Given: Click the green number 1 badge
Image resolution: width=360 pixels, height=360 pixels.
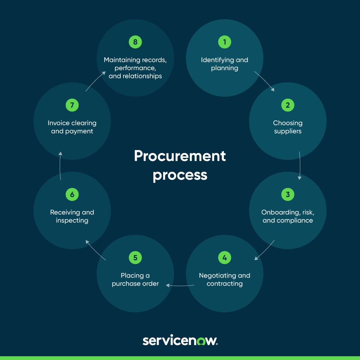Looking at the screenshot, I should click(x=225, y=42).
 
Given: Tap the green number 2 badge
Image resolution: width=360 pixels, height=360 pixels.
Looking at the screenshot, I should click(x=288, y=105).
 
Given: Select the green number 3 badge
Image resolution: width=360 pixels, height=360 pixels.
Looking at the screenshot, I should click(x=288, y=195).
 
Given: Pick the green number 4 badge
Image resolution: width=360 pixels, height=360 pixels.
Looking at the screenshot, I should click(x=225, y=258).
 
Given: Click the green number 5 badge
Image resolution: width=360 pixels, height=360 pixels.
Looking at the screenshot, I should click(x=135, y=258).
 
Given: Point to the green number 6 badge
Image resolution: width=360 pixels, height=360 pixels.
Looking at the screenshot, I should click(x=72, y=195).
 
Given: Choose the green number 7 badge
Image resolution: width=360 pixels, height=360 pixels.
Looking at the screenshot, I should click(x=72, y=105).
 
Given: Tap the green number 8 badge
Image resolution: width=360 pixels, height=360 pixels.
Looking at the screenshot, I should click(x=135, y=42).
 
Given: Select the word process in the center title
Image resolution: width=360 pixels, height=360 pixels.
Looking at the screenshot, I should click(x=180, y=175).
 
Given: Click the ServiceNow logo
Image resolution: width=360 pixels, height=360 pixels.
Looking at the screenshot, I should click(x=180, y=340).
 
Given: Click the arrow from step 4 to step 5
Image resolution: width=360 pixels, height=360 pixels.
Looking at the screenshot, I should click(x=180, y=285).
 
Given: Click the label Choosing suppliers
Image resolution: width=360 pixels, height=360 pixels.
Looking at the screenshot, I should click(x=288, y=127).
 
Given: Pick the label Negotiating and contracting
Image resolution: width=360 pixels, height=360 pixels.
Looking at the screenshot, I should click(x=225, y=280).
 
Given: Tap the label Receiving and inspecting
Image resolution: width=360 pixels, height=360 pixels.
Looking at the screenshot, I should click(x=72, y=216).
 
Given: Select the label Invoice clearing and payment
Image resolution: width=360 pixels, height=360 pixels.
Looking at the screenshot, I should click(x=72, y=127).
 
